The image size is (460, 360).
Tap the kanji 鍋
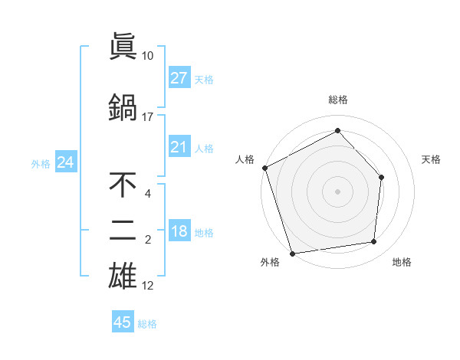pyautogui.click(x=123, y=106)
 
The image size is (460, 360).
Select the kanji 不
pyautogui.click(x=123, y=184)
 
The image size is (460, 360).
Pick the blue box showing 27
pyautogui.click(x=179, y=78)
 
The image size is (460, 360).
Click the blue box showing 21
pyautogui.click(x=179, y=147)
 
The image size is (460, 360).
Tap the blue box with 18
pyautogui.click(x=179, y=232)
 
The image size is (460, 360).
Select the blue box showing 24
pyautogui.click(x=65, y=162)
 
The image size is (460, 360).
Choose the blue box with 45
pyautogui.click(x=123, y=322)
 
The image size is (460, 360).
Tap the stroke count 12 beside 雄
pyautogui.click(x=148, y=286)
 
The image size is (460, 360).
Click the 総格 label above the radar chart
pyautogui.click(x=338, y=100)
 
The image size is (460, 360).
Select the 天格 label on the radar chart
pyautogui.click(x=432, y=159)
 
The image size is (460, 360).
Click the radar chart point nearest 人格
pyautogui.click(x=264, y=168)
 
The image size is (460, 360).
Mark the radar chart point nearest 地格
pyautogui.click(x=374, y=242)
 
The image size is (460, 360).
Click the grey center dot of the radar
pyautogui.click(x=337, y=191)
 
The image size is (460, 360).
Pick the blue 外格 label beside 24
pyautogui.click(x=41, y=163)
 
